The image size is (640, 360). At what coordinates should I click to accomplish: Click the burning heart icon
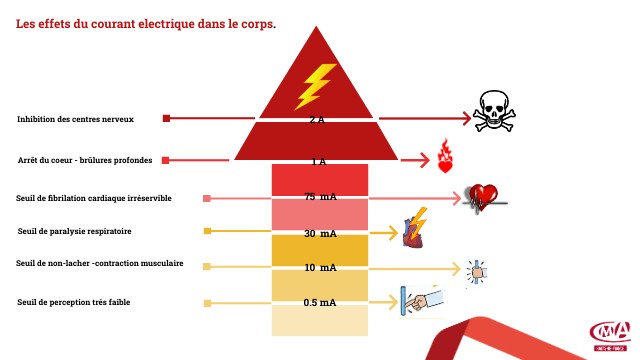pos(445,156)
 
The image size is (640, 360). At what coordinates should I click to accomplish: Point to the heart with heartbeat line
pos(485,197)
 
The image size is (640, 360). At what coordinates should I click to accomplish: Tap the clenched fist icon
pos(477,268)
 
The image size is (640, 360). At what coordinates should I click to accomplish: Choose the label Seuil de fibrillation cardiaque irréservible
pos(94,198)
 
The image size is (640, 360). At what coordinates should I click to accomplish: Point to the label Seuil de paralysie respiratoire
pos(75,231)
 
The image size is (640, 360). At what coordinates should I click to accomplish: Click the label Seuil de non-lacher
pos(100,264)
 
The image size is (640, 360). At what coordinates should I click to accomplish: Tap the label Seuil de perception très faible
pos(74,302)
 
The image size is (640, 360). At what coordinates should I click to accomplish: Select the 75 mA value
pos(320,197)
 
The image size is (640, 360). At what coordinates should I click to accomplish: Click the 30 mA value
pos(320,233)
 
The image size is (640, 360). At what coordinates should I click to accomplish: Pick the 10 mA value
pos(320,268)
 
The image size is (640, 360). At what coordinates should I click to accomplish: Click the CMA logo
pos(609,333)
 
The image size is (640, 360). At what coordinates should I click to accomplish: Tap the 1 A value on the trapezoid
pos(318,161)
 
